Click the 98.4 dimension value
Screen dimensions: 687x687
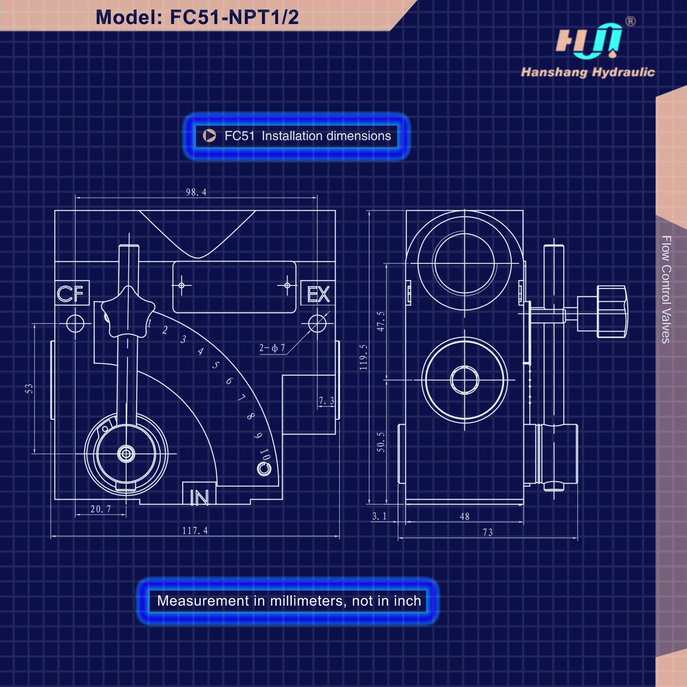coord(196,192)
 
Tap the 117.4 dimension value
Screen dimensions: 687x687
coord(195,531)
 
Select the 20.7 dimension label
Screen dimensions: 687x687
coord(101,509)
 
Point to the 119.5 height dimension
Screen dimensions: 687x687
coord(363,357)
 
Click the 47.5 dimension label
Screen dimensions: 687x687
coord(380,321)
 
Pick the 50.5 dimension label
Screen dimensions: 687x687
coord(380,442)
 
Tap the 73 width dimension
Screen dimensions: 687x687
coord(488,532)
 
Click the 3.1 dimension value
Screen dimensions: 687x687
coord(379,516)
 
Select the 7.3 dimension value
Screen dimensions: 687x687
coord(326,401)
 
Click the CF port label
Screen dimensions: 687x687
coord(71,293)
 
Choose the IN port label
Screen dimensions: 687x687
coord(199,498)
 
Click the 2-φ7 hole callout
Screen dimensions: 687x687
coord(272,348)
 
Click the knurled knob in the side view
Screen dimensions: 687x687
coord(611,311)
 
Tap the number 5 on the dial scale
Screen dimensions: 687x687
coord(215,365)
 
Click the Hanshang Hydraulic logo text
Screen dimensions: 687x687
coord(588,72)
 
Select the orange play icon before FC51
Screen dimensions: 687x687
coord(209,135)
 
